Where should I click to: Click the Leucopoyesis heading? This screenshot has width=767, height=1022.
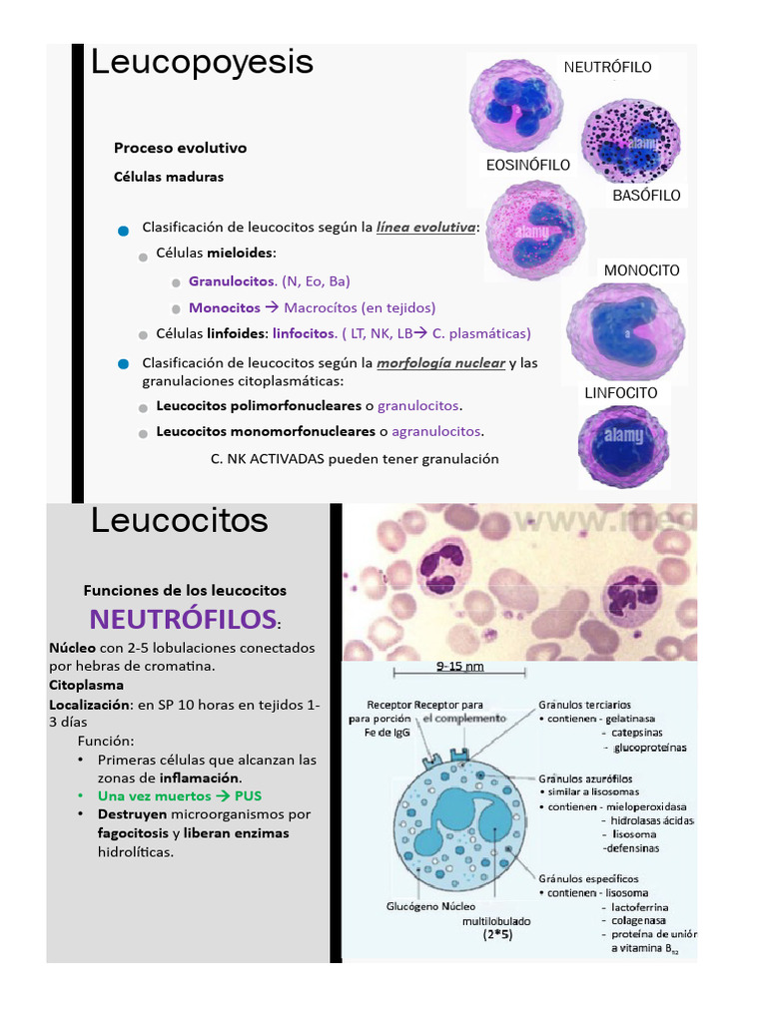coord(202,63)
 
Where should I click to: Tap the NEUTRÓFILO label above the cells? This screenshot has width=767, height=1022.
coord(607,67)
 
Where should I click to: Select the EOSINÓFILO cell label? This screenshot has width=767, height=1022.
coord(527,165)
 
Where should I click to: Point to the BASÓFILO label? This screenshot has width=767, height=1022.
coord(646,196)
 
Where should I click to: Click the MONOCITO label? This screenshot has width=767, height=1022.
coord(641,270)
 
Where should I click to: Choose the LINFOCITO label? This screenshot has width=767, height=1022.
coord(620,393)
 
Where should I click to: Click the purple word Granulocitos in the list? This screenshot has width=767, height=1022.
coord(231,281)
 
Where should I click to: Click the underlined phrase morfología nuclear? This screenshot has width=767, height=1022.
coord(440,362)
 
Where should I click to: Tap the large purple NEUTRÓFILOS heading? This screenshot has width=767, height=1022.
coord(183,619)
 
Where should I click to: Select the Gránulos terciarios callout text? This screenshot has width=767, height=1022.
coord(584,705)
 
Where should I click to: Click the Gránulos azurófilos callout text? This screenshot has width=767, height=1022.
coord(585,777)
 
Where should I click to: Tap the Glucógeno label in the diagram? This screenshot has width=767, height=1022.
coord(412,907)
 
